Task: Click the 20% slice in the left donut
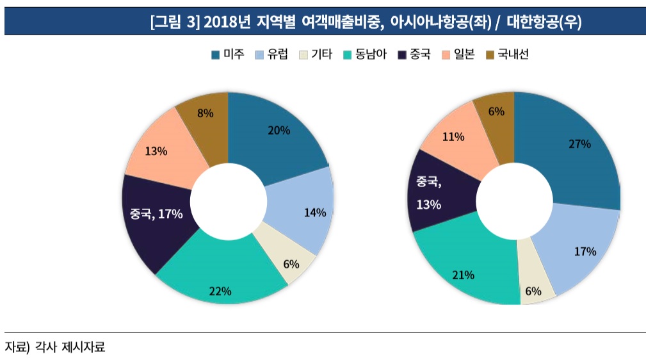278,131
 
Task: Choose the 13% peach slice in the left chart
157,151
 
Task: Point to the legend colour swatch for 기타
303,55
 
